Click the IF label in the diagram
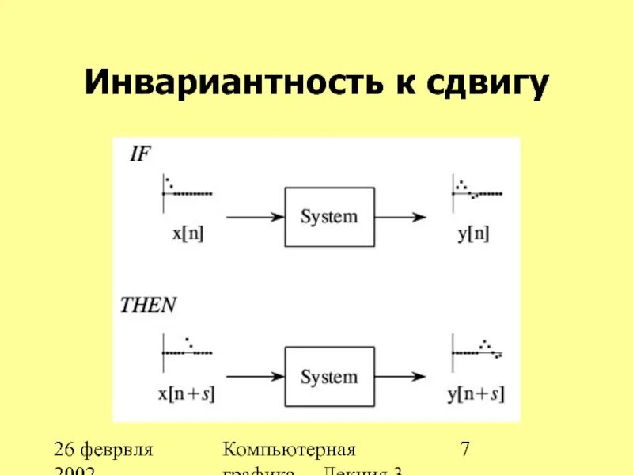coord(138,155)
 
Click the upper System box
coord(329,217)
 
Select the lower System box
coord(329,377)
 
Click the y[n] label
coord(475,235)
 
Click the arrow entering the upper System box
coord(254,216)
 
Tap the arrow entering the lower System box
coord(254,377)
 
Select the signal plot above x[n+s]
coord(187,350)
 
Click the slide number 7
coord(466,451)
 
